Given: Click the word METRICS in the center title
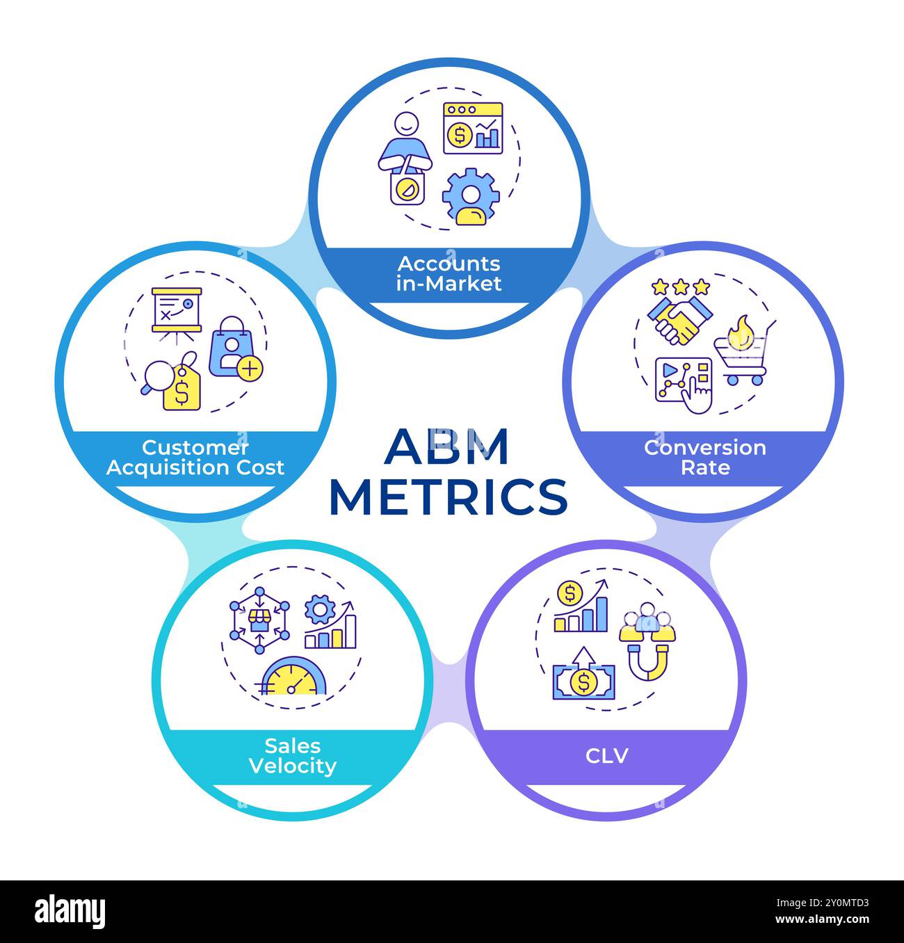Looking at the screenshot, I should pos(449,496).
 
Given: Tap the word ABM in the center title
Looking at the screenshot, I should pos(447,446).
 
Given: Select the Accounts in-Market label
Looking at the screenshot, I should pos(449,273).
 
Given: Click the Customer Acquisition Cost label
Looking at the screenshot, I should pos(195,457).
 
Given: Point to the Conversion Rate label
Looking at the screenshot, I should pos(704,457).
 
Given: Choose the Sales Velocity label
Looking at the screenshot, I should pos(292,756).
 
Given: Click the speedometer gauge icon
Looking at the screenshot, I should pos(293,677).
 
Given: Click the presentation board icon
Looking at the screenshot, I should pos(177,311).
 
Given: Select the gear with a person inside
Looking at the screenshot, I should pos(471,197).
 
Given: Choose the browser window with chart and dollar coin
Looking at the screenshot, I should pos(473,129).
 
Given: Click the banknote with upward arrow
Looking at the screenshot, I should pos(583,679).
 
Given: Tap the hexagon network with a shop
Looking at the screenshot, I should pos(259,619).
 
